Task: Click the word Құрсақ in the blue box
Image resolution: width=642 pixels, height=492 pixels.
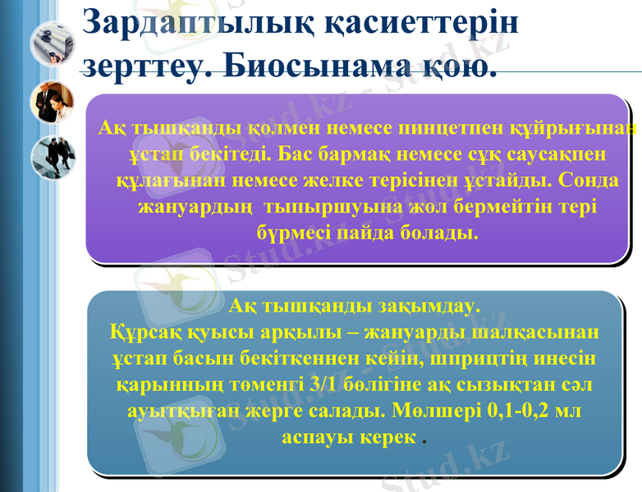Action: (140, 334)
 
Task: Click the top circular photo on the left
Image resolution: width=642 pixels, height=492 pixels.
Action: (53, 43)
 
